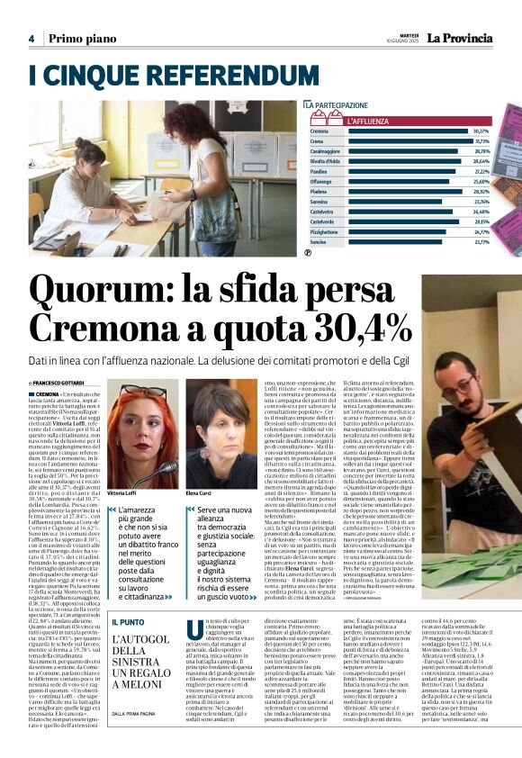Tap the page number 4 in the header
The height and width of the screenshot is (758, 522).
(31, 39)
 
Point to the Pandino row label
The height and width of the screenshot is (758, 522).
(319, 171)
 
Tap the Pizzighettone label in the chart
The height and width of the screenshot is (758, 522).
(326, 231)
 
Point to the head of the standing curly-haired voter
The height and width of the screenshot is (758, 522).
(202, 121)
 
